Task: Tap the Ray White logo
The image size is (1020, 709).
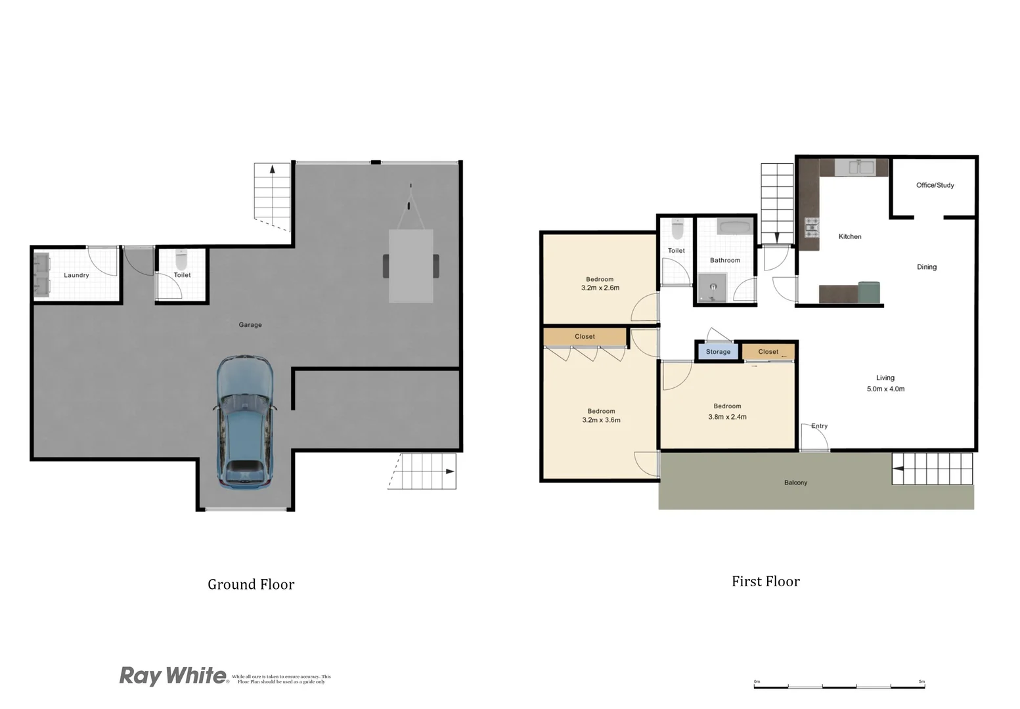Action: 173,676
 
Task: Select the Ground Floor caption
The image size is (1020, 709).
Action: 251,584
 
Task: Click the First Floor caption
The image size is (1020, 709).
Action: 765,582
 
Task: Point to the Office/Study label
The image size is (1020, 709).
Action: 935,185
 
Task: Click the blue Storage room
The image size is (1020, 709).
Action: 718,352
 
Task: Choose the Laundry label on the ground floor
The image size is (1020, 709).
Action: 76,275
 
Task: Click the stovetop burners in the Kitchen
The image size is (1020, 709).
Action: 812,227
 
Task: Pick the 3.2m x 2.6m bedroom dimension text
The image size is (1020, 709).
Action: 600,288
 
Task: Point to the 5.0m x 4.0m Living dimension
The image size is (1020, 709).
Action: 885,389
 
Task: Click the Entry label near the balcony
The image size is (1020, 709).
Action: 819,426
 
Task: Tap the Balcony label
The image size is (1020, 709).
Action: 795,483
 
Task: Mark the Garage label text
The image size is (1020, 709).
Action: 250,325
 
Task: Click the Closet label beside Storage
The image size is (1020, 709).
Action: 768,352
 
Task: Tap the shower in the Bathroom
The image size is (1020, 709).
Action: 711,290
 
